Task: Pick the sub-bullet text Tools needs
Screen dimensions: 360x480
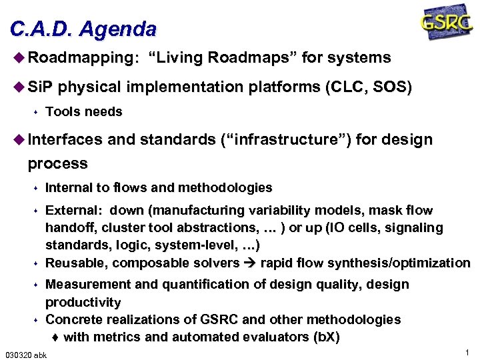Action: pyautogui.click(x=84, y=112)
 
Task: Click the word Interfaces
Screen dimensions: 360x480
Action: pyautogui.click(x=65, y=140)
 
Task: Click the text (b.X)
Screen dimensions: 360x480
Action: pyautogui.click(x=326, y=337)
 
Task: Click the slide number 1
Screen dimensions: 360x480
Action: pyautogui.click(x=468, y=352)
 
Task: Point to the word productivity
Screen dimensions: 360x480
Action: pyautogui.click(x=83, y=303)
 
